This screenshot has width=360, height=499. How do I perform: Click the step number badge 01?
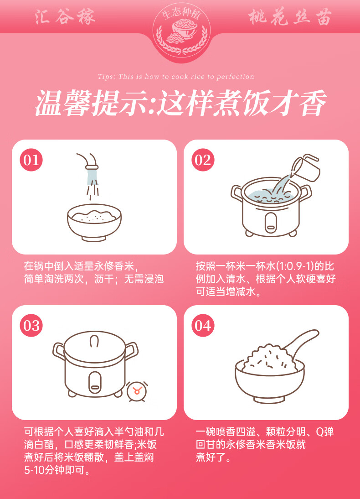[31, 160]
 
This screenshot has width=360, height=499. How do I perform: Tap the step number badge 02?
[203, 160]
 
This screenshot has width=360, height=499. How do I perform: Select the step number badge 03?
[31, 326]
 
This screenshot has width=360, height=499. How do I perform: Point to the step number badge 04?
[203, 326]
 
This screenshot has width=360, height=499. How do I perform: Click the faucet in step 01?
[90, 162]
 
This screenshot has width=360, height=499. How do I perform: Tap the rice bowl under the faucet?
[94, 223]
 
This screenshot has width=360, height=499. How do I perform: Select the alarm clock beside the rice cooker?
[137, 391]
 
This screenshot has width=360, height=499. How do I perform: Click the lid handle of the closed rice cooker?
[94, 341]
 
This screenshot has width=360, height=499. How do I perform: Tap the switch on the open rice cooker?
[271, 221]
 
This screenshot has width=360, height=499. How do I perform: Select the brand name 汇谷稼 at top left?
[65, 17]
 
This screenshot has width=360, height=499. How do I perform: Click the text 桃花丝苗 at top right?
[290, 17]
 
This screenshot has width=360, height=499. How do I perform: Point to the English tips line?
[176, 77]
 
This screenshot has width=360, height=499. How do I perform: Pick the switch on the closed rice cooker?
[95, 381]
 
